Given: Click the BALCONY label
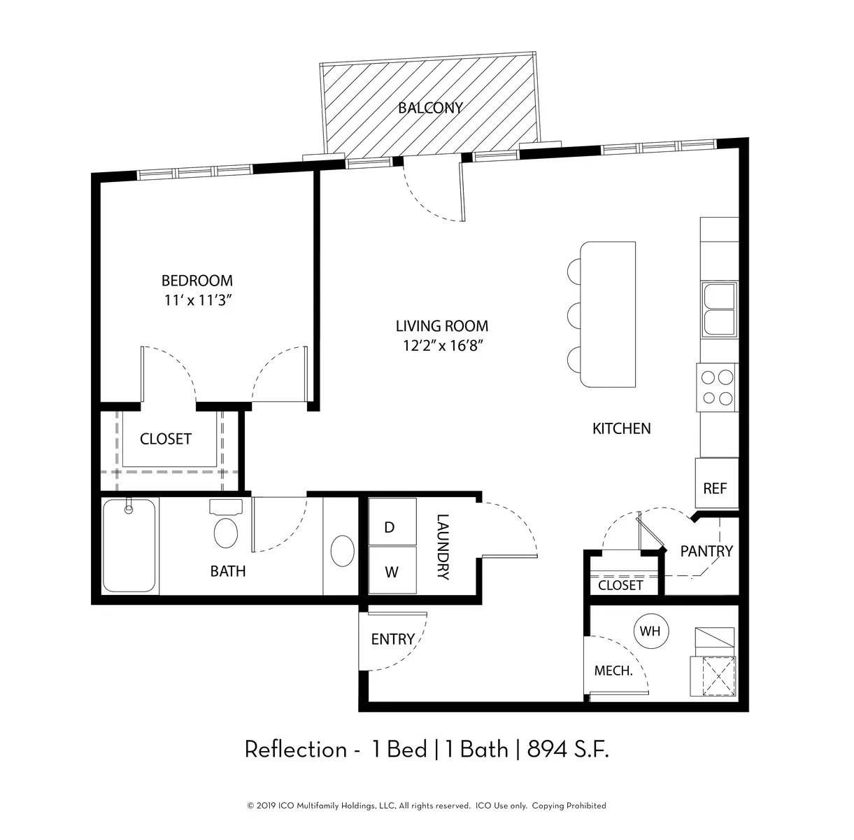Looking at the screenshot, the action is pyautogui.click(x=430, y=108).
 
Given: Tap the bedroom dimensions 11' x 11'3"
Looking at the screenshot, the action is pyautogui.click(x=198, y=300).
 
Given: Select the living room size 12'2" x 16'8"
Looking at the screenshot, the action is pyautogui.click(x=442, y=345).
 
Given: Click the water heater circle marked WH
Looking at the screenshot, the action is pyautogui.click(x=650, y=631).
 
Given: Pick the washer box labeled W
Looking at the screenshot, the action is pyautogui.click(x=392, y=570).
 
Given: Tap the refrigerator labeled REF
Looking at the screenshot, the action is pyautogui.click(x=717, y=483).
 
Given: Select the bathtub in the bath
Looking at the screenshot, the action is pyautogui.click(x=129, y=545).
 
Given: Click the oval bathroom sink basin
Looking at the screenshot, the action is pyautogui.click(x=343, y=551).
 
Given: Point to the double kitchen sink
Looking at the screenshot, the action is pyautogui.click(x=719, y=309).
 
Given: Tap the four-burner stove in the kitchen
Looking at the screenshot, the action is pyautogui.click(x=717, y=388).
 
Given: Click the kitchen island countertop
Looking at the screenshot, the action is pyautogui.click(x=608, y=314).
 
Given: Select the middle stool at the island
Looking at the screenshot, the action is pyautogui.click(x=574, y=314).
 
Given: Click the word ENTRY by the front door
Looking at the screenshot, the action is pyautogui.click(x=392, y=639).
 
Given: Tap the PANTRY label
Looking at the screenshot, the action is pyautogui.click(x=706, y=552).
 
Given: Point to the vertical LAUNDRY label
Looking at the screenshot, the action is pyautogui.click(x=443, y=547).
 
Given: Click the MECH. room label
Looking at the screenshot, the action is pyautogui.click(x=613, y=671).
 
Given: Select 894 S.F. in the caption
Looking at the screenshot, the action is pyautogui.click(x=568, y=750).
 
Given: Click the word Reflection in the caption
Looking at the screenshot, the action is pyautogui.click(x=296, y=750).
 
